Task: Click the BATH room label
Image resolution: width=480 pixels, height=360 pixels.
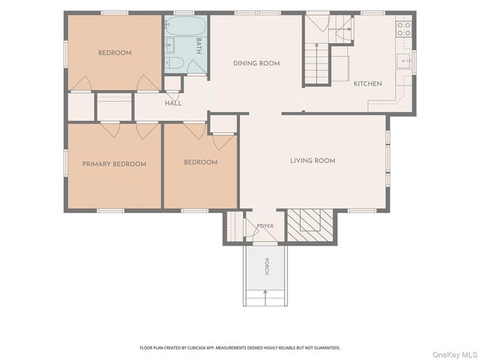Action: pos(199,46)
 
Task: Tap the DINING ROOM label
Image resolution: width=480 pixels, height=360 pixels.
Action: pos(256,63)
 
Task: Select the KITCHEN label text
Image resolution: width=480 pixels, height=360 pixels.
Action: pos(368,84)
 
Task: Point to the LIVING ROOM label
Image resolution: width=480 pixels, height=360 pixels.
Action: pos(312,161)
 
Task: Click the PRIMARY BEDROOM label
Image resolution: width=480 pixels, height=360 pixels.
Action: pos(114,164)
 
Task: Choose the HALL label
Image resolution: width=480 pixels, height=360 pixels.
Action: pos(174,103)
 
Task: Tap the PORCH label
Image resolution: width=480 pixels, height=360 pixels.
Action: pos(267,266)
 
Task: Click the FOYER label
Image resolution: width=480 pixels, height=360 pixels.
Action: pos(265,226)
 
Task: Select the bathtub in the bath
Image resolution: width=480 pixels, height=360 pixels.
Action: pos(185,27)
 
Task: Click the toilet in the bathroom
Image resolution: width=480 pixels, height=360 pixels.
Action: pos(174,63)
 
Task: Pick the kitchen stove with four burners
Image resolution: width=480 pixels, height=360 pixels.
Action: pos(404,29)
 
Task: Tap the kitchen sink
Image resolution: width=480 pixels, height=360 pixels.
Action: pos(405,61)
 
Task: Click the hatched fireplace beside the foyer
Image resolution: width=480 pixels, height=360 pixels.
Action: pos(310,225)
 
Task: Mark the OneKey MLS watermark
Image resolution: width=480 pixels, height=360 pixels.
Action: pos(455,355)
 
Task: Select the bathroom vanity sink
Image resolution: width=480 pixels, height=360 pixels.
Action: pos(169,46)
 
